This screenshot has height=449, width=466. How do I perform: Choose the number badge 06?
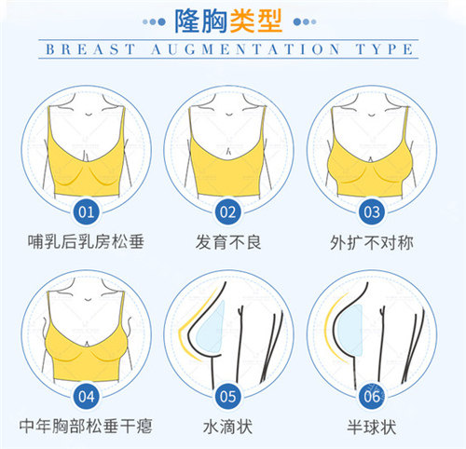tap(372, 394)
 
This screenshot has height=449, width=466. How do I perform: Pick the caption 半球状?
tap(372, 426)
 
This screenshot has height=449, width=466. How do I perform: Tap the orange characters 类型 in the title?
tap(262, 19)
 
